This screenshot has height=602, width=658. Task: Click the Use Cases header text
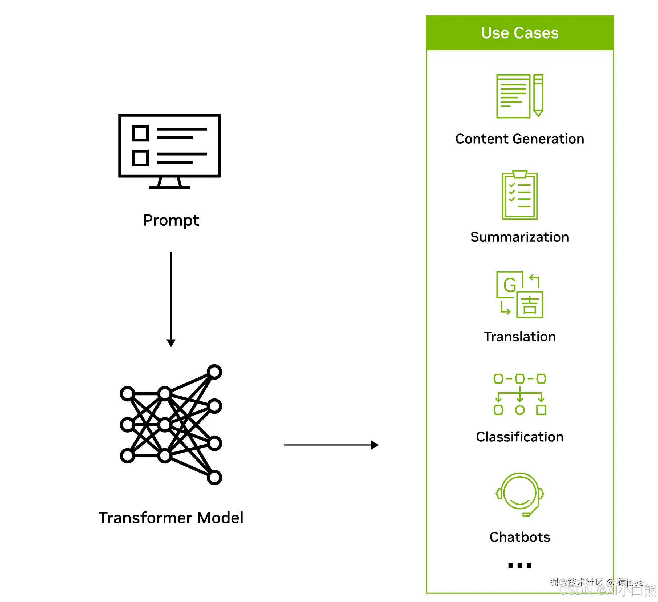[519, 33]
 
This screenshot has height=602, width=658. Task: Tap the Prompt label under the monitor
[171, 220]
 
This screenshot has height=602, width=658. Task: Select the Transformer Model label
[171, 518]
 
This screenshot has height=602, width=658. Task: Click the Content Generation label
[519, 139]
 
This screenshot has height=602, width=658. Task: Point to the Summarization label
[519, 237]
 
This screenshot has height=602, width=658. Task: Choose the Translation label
[519, 337]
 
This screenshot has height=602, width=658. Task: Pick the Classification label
[519, 437]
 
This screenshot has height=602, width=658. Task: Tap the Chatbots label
[519, 537]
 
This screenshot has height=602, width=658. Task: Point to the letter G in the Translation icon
[510, 285]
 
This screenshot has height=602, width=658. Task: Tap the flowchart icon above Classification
[519, 394]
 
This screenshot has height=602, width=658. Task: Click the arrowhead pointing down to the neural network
[171, 343]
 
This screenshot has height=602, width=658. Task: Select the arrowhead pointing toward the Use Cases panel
[375, 445]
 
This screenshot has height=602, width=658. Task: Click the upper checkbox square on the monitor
[140, 133]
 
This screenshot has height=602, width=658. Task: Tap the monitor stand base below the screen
[169, 186]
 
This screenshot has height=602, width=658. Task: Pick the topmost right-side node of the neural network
[214, 372]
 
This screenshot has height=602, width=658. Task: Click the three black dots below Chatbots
[519, 565]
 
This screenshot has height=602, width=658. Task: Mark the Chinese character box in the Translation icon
[530, 305]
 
